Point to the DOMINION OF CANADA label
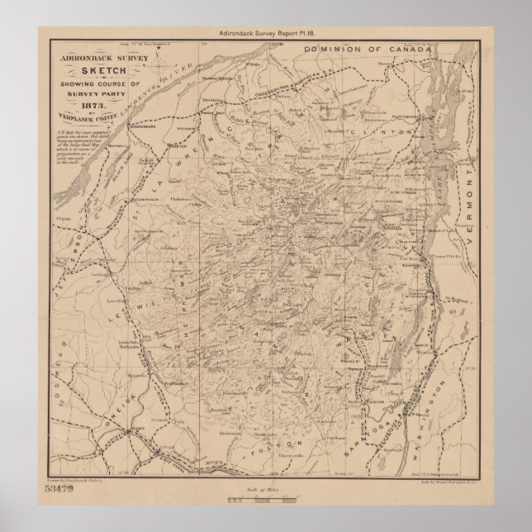click(368, 50)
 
